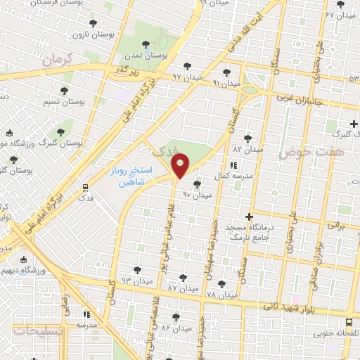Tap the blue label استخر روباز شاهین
pos(127,176)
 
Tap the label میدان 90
pos(196,193)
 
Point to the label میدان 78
pos(221,293)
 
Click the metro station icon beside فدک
pos(85,187)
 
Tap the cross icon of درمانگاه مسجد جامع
pos(248,216)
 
